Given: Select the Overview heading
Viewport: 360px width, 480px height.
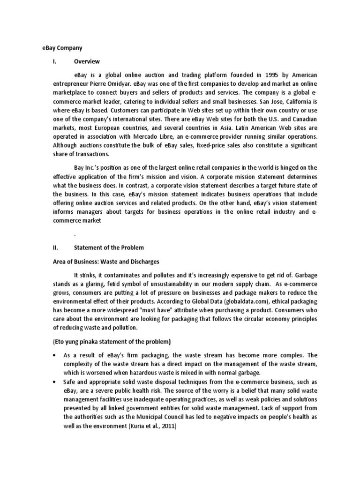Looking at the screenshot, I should tap(87, 61).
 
